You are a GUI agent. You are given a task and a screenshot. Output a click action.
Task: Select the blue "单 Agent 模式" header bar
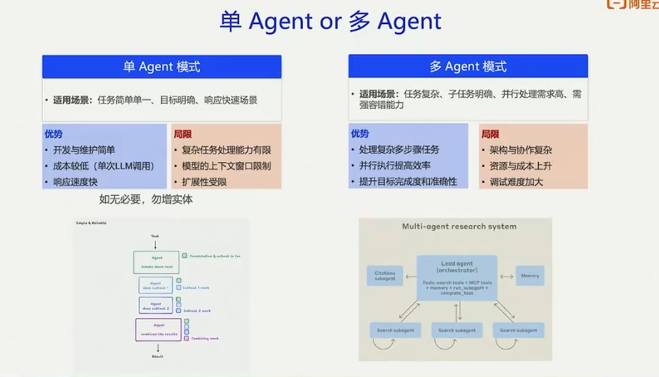[162, 67]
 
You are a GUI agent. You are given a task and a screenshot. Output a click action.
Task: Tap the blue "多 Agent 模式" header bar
[468, 67]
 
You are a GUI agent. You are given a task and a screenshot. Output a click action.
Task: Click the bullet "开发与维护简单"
[84, 150]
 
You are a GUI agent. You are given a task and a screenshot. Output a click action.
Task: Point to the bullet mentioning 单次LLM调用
[104, 166]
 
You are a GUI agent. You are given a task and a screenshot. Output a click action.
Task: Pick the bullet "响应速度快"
[75, 182]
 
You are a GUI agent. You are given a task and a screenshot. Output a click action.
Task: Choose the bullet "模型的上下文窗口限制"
[226, 166]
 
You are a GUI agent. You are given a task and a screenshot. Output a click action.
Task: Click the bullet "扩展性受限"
[204, 182]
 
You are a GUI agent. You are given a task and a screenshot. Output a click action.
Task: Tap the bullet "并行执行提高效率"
[395, 166]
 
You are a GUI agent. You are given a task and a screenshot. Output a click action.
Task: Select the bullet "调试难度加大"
[516, 182]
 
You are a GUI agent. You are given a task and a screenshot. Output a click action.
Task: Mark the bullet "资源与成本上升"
[521, 166]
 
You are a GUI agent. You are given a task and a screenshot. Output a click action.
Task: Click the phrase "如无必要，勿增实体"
[146, 199]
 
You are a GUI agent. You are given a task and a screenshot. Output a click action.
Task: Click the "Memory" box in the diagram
[529, 276]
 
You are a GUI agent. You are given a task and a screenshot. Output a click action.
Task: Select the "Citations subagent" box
[385, 276]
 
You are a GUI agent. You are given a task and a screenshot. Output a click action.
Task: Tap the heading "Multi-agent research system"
[459, 226]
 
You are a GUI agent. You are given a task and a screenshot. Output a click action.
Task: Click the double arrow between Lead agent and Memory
[506, 276]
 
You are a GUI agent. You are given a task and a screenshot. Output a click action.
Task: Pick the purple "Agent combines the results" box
[158, 329]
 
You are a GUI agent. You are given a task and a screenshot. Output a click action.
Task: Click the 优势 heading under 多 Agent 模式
[360, 133]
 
